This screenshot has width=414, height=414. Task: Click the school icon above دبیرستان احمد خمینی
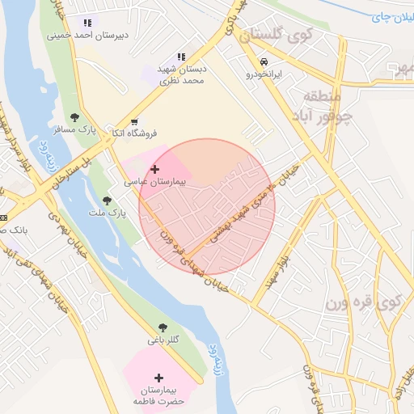(87, 23)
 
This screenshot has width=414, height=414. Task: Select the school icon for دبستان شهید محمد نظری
(181, 57)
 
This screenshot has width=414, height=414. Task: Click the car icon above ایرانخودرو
(264, 61)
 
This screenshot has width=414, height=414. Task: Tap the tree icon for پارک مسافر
(75, 118)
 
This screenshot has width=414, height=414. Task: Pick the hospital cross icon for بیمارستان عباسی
(154, 169)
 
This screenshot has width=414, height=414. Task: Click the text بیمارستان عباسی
(154, 183)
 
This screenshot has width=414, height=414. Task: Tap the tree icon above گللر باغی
(163, 327)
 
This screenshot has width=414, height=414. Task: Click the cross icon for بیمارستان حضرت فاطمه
(158, 378)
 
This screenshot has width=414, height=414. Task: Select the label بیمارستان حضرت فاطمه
(158, 395)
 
